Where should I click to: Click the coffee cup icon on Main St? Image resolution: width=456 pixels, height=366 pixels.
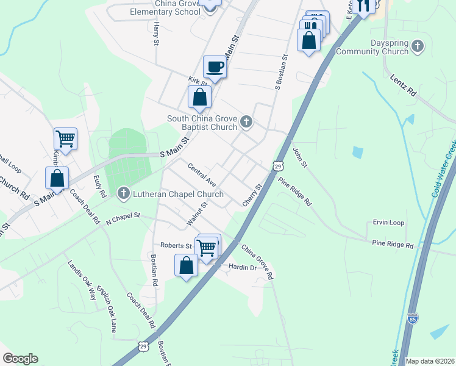(215, 67)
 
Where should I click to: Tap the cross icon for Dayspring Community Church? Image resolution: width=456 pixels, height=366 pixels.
(417, 46)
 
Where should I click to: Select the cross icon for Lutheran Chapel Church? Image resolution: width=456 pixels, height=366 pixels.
(123, 194)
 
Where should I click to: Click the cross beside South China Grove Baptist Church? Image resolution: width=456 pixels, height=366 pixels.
(246, 122)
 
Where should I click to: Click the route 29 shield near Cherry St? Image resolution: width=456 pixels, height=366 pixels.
(278, 165)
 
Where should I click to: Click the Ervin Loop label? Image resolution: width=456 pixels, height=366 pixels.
(388, 223)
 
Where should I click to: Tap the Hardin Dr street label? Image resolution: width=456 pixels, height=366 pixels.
(241, 267)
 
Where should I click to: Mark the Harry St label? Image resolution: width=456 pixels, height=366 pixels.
(156, 34)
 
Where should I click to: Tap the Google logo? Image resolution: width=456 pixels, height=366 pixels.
(20, 359)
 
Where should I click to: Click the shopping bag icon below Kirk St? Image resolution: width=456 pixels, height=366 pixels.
(199, 96)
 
